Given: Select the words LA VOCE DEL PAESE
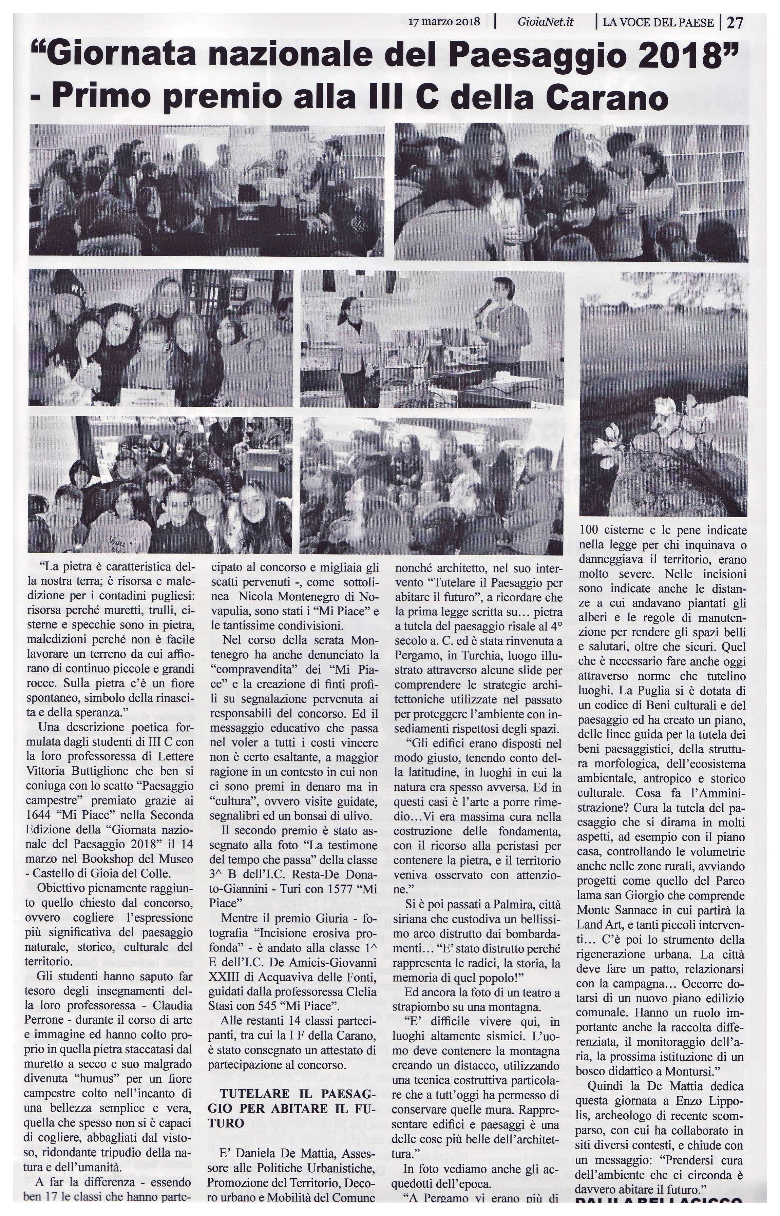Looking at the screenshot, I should point(659,23).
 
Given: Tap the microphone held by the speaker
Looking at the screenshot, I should point(485,307).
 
